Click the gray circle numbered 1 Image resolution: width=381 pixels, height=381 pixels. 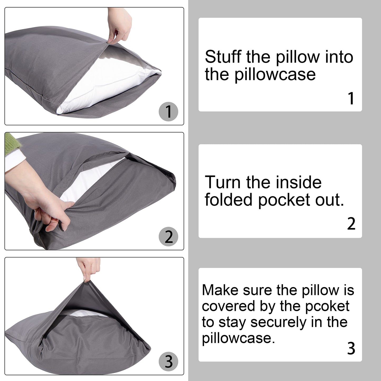[168, 112]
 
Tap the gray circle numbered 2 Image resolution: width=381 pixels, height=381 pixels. [168, 237]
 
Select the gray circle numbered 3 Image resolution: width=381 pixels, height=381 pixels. [168, 361]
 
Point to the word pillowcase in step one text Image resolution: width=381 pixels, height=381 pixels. [275, 75]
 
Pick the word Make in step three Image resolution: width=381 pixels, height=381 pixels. [220, 290]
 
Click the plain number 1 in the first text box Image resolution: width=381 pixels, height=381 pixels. [351, 98]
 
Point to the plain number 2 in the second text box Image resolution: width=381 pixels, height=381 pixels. [351, 224]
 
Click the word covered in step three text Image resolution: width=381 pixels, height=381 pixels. [229, 306]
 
